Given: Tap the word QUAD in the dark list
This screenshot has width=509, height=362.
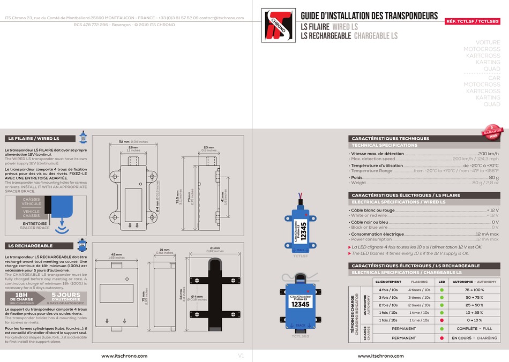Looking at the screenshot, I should tap(491, 104).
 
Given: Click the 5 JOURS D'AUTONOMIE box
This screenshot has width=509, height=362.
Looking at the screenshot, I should tap(66, 298).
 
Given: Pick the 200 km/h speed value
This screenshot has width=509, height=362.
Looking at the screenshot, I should tap(488, 154).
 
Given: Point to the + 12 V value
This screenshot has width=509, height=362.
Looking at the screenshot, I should tap(492, 210).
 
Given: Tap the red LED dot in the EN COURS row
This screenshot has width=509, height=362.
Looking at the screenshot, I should tap(441, 338).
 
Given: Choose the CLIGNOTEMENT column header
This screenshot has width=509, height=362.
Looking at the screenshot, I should tap(388, 281).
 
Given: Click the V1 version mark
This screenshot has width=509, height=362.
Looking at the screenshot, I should tap(241, 356).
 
